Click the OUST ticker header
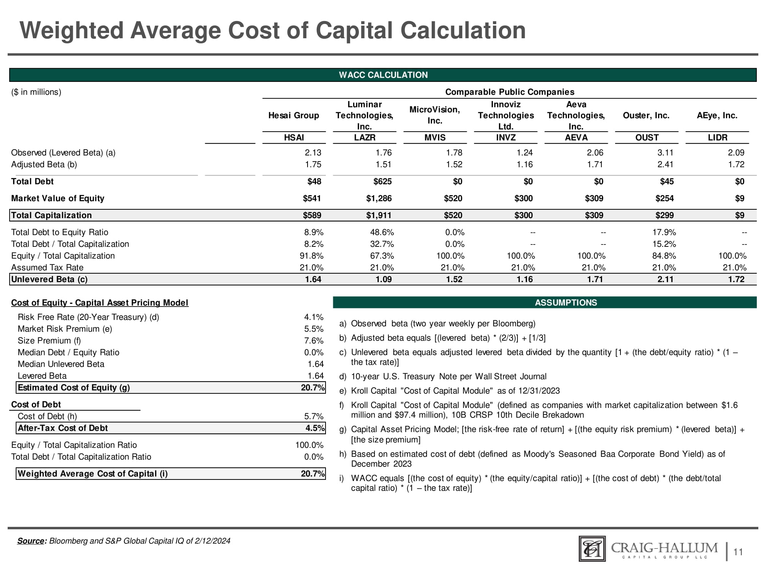pos(647,138)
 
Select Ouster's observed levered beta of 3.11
pos(665,153)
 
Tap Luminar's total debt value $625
pos(382,181)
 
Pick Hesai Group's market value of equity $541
pos(312,198)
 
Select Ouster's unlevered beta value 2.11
pos(665,279)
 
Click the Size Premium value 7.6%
pos(314,341)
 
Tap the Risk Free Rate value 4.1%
pos(314,317)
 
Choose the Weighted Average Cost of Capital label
pos(93,474)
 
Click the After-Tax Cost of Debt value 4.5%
pos(315,428)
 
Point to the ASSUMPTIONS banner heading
pos(566,303)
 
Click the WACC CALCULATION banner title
pos(383,75)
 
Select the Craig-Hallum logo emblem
pos(592,549)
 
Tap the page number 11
pos(738,552)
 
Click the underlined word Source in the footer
pos(31,541)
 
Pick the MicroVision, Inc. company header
pos(435,115)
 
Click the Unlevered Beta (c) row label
pos(49,279)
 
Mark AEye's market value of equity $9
pos(740,198)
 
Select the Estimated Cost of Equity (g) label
pos(74,388)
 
